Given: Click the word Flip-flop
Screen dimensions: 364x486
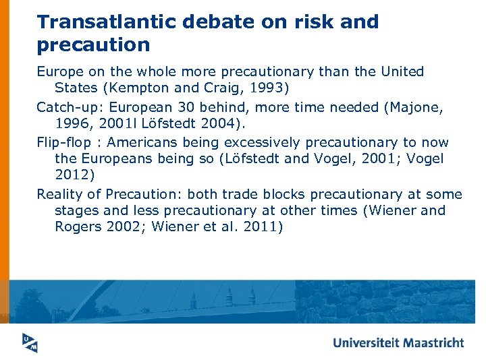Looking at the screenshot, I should pos(65,142).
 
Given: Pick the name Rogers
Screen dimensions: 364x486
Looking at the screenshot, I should pos(78,226).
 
